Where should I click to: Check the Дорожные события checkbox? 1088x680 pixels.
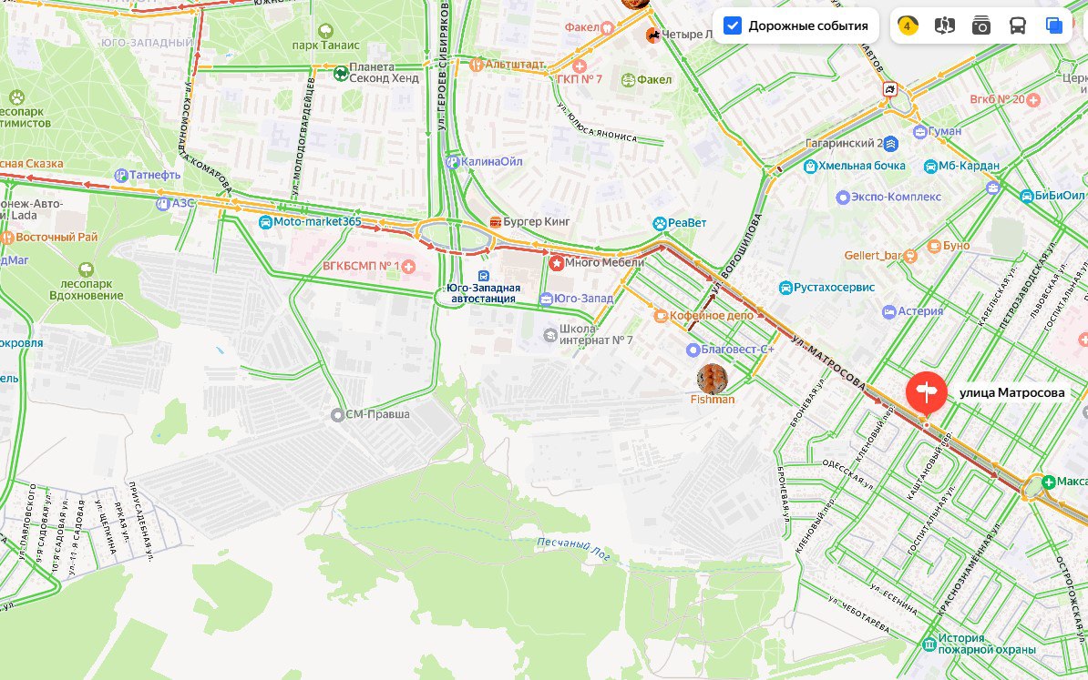tap(733, 25)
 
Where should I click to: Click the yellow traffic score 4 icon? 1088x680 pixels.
tap(908, 25)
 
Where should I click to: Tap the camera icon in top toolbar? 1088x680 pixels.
tap(980, 25)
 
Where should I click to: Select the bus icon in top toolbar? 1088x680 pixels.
tap(1017, 25)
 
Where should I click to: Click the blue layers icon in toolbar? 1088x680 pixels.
tap(1054, 25)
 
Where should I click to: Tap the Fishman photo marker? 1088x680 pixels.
tap(712, 379)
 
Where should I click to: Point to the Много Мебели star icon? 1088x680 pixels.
tap(557, 263)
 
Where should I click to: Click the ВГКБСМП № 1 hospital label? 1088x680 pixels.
tap(362, 266)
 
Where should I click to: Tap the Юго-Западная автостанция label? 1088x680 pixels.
tap(483, 292)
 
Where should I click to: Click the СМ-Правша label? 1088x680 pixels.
tap(377, 415)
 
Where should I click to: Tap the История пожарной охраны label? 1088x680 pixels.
tap(988, 644)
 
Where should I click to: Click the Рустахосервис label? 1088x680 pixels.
tap(834, 288)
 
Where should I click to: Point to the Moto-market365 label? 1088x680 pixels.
tap(317, 222)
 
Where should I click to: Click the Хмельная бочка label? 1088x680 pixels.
tap(861, 166)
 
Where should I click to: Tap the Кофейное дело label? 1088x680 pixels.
tap(711, 315)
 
